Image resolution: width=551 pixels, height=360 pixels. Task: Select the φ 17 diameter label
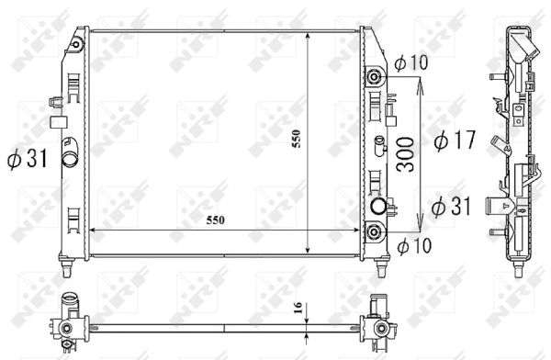453,141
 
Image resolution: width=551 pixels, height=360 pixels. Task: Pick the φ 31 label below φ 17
450,205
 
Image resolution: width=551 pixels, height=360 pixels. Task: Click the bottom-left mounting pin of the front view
70,269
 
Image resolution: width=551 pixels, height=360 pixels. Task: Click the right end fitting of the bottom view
377,326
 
